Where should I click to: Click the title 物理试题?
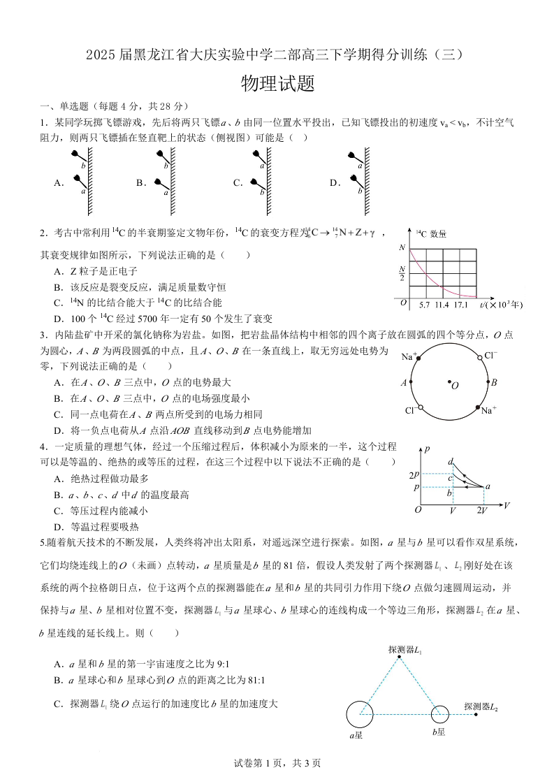(x=277, y=84)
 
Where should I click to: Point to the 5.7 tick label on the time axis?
(x=424, y=305)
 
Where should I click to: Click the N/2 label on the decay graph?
(x=402, y=273)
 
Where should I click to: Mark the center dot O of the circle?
(x=449, y=382)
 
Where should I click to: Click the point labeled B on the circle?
(x=487, y=382)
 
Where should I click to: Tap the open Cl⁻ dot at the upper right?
(x=479, y=357)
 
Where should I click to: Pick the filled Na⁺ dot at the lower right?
(x=478, y=407)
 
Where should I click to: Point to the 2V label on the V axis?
(x=483, y=510)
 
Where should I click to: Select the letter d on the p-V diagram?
(x=451, y=461)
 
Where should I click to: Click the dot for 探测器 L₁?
(x=400, y=657)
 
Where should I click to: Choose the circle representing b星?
(x=439, y=714)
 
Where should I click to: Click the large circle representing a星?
(x=360, y=714)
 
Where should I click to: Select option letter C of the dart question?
(x=238, y=183)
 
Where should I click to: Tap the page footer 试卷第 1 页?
(x=277, y=763)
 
